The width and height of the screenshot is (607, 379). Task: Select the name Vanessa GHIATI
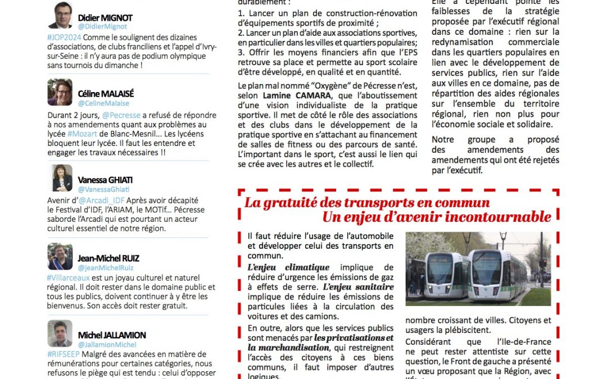pyautogui.click(x=105, y=180)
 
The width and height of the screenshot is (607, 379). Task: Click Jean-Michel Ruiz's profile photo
pyautogui.click(x=60, y=257)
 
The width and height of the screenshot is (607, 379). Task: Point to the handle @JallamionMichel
pyautogui.click(x=107, y=344)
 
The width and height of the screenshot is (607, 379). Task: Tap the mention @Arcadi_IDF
pyautogui.click(x=101, y=200)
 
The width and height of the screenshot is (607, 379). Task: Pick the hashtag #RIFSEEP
pyautogui.click(x=64, y=354)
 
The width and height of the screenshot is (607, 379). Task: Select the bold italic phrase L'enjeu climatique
pyautogui.click(x=288, y=268)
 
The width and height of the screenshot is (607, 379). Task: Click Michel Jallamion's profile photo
pyautogui.click(x=60, y=334)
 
